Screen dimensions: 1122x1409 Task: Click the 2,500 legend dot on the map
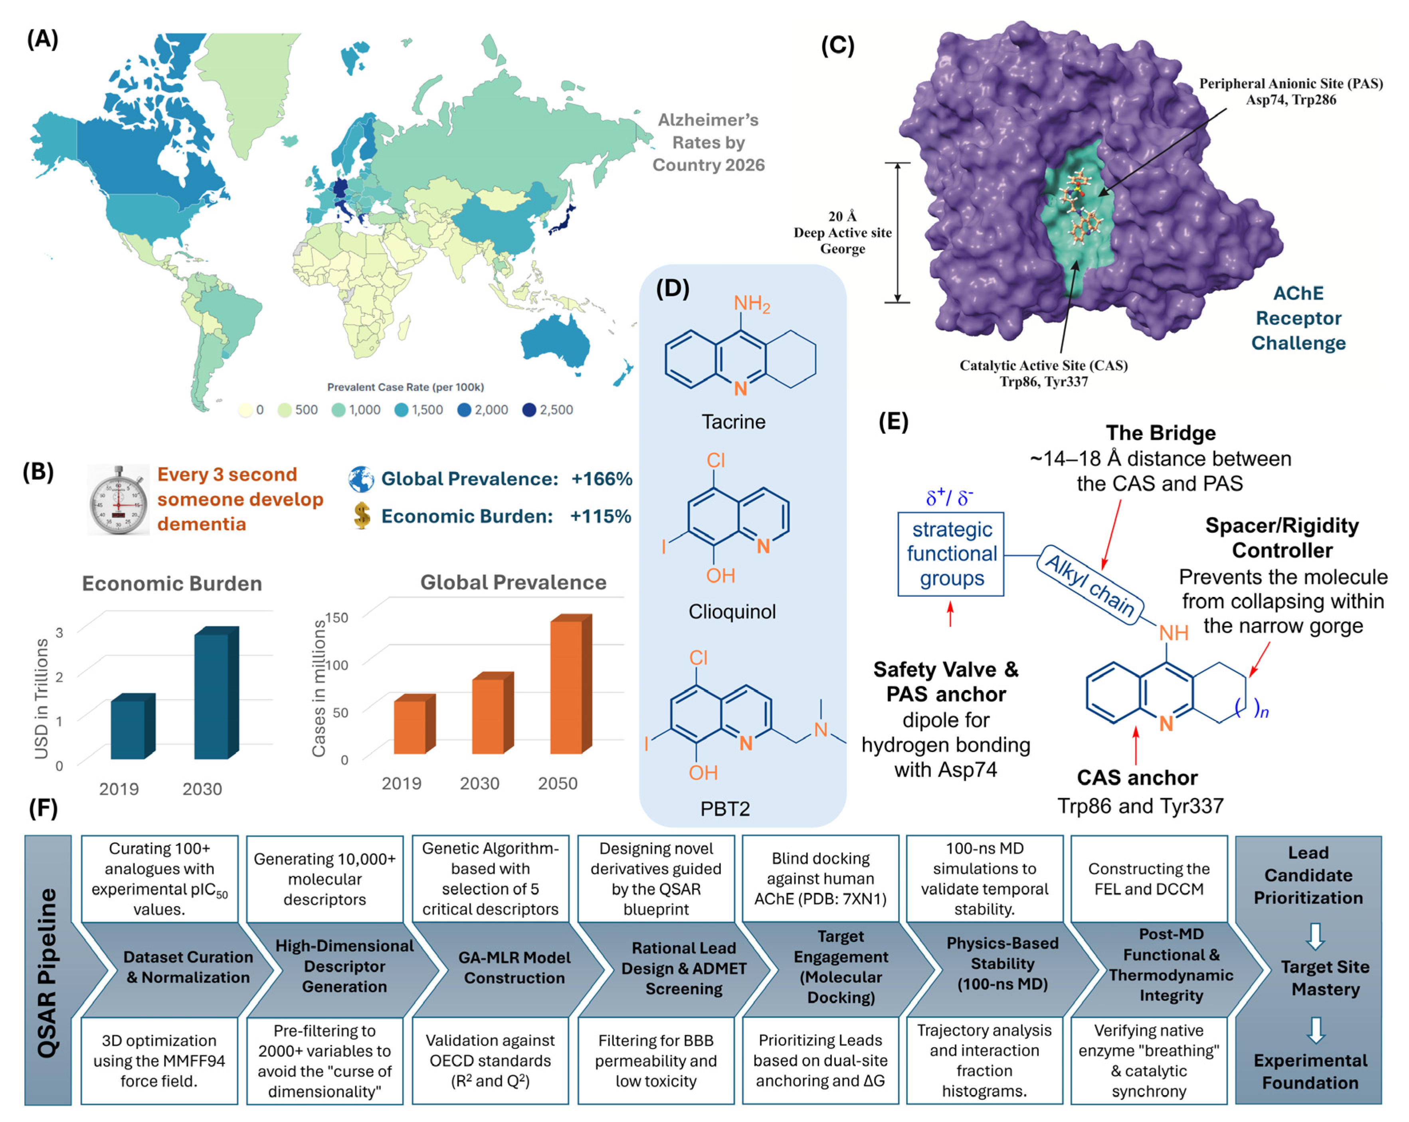pos(529,410)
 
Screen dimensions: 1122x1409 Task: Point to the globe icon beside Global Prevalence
pos(361,479)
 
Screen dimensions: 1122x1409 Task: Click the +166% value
pos(601,479)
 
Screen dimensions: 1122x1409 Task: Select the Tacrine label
pos(733,421)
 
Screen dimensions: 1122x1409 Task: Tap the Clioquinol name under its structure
pos(732,612)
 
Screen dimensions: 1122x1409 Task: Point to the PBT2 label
pos(725,809)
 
